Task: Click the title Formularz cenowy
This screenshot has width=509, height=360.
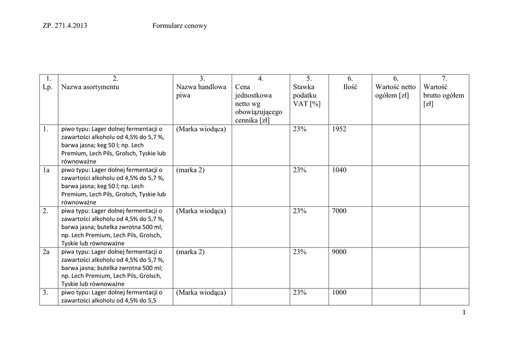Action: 179,26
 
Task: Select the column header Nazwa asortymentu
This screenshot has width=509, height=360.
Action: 90,87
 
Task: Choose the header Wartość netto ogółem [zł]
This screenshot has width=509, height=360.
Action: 396,91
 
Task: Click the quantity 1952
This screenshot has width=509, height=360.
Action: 339,129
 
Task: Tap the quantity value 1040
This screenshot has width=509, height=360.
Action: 339,170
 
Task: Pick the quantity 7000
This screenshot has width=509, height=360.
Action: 339,211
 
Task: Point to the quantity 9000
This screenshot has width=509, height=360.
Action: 339,252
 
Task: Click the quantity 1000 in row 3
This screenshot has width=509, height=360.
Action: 339,292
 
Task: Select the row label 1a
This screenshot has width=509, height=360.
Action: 46,170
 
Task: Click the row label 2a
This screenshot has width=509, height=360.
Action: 46,252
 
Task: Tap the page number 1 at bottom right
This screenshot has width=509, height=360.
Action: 464,312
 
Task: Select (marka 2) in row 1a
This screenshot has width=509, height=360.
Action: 190,170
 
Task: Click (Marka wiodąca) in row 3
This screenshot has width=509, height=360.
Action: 201,292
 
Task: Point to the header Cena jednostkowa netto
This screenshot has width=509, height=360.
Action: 258,99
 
